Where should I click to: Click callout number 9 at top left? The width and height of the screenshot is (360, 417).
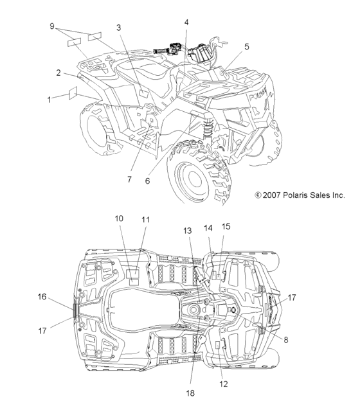point(52,26)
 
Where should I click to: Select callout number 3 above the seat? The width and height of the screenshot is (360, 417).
point(119,28)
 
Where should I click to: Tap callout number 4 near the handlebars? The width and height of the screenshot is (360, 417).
point(186,22)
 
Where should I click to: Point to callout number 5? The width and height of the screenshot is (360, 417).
point(247,46)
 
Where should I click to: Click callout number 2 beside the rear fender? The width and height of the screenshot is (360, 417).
point(59,73)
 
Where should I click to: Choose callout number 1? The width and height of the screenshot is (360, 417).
point(50,100)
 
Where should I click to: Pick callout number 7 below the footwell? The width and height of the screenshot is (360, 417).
point(129,179)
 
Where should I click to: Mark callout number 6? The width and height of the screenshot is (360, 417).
point(147,181)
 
